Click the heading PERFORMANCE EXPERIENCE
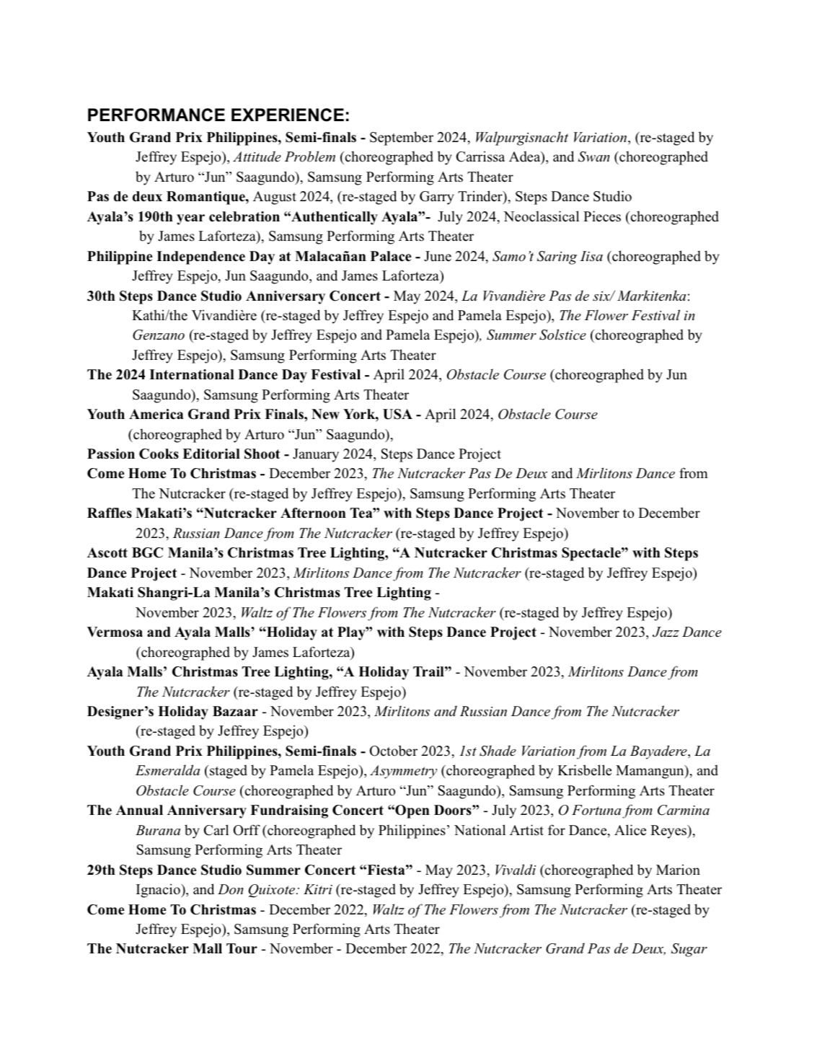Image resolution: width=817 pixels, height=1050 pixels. (218, 115)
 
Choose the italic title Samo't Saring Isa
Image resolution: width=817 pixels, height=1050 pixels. (547, 256)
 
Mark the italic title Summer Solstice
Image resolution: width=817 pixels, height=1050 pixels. (536, 335)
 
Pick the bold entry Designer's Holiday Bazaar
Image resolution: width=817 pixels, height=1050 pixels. (172, 711)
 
